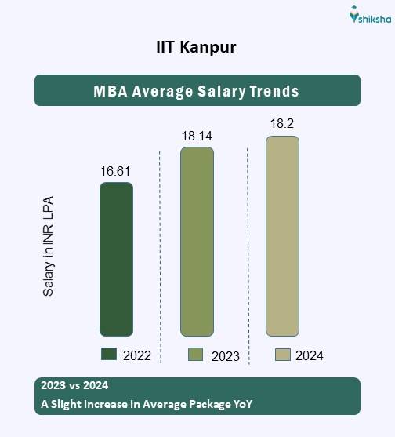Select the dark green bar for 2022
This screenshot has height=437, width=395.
(116, 259)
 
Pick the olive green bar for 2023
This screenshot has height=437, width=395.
(197, 242)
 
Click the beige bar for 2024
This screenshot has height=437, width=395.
(282, 236)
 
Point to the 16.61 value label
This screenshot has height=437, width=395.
(115, 171)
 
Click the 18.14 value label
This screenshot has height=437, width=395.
(196, 136)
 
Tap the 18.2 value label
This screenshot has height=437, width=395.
(281, 124)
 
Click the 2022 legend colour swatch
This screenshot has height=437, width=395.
(109, 354)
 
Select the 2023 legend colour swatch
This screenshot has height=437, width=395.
(196, 355)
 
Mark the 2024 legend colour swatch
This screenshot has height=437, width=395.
(283, 355)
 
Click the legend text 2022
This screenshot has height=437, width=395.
(136, 355)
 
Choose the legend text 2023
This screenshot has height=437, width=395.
(225, 356)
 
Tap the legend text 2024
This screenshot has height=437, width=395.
(310, 355)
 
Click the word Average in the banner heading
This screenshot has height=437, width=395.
(163, 91)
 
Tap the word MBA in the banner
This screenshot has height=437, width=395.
(111, 91)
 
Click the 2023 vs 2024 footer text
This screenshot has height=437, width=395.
(73, 386)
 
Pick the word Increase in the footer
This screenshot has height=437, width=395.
(111, 405)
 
